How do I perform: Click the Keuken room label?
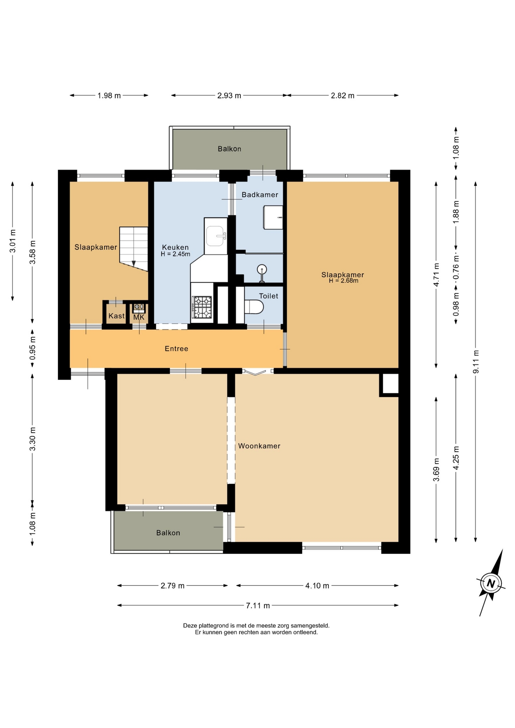coord(175,247)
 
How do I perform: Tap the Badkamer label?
coord(260,195)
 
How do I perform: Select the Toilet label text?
coord(268,296)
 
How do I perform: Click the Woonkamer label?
coord(259,446)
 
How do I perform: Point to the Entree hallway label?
coord(176,348)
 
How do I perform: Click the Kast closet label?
coord(116,316)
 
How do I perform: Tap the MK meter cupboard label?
coord(139,317)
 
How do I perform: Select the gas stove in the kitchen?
coord(202,307)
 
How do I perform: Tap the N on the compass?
coord(491,583)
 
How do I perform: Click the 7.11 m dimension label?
coord(258,606)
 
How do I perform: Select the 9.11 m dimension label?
coord(476,361)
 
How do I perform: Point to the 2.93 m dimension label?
coord(229,96)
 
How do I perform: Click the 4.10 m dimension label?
coord(317,585)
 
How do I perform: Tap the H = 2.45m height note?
coord(175,254)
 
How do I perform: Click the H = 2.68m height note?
coord(343,281)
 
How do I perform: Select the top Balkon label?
coord(229,149)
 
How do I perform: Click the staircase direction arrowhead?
coord(133,264)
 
